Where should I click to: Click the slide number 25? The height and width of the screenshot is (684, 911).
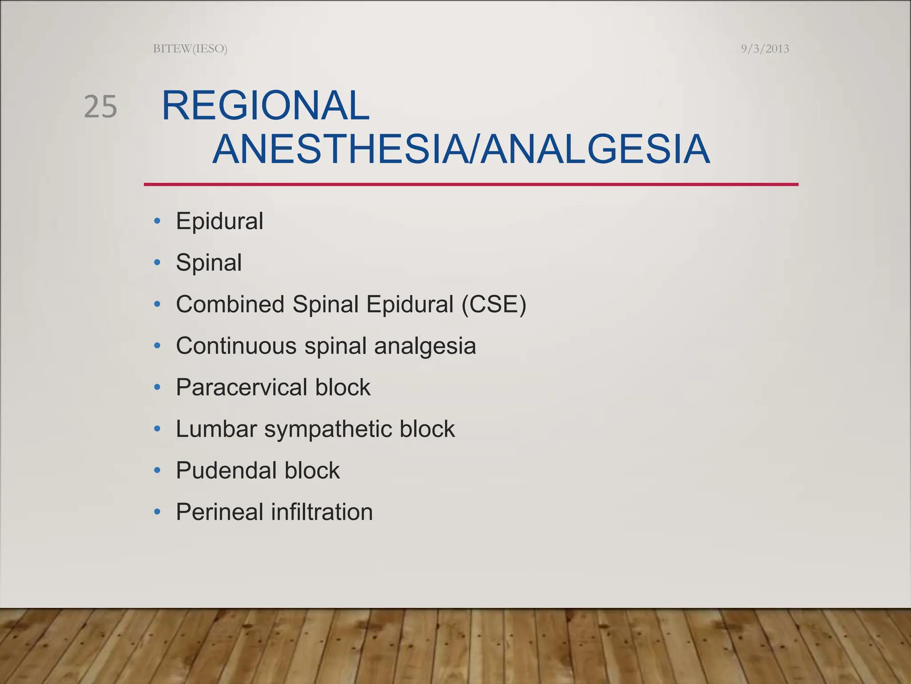coord(101,107)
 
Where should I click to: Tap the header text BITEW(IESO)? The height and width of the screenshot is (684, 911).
coord(190,49)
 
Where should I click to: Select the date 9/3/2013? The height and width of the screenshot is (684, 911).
coord(765,49)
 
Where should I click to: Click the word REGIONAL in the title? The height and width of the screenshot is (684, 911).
coord(265,106)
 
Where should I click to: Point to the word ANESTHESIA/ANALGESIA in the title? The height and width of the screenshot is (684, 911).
coord(461,149)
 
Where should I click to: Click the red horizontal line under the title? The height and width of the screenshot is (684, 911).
coord(471,184)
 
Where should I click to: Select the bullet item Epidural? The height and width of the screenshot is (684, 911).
coord(219,221)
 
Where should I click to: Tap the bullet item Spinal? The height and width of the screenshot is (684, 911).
coord(209,262)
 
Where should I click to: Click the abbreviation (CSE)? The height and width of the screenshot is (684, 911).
coord(494,304)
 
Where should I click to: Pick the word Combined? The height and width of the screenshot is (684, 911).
coord(230,304)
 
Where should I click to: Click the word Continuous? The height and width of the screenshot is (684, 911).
coord(236,346)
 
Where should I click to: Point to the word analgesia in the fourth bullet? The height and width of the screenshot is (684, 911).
coord(425,346)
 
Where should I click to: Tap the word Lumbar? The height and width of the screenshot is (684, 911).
coord(216,429)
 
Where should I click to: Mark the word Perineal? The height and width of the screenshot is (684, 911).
coord(219,512)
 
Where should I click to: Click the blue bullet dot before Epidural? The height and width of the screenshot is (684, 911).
coord(157,221)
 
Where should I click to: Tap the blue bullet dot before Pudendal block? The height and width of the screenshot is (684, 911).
coord(157,470)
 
